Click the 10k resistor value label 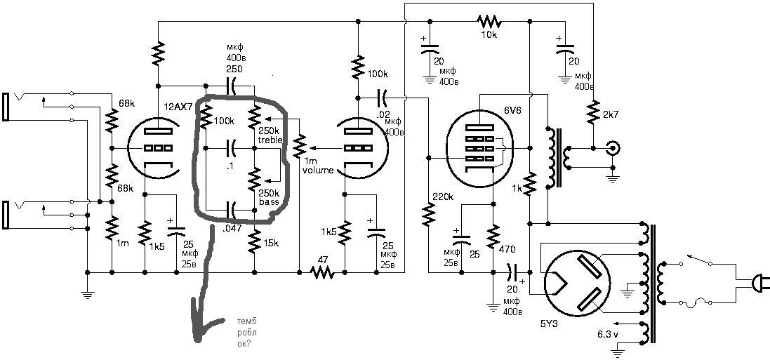489,35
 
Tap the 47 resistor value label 323,260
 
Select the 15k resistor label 272,243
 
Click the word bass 269,202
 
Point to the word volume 314,171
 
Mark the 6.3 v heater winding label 607,333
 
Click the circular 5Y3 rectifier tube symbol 573,281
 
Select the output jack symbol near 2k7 613,149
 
